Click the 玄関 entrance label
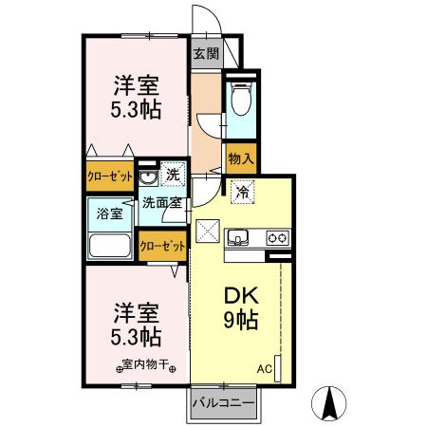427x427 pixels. (x=206, y=53)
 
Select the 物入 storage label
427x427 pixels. (x=241, y=160)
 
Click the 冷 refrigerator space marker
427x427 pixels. (x=243, y=191)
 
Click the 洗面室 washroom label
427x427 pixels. (x=162, y=201)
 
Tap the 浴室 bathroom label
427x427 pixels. (x=109, y=214)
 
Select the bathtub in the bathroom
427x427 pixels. (x=110, y=246)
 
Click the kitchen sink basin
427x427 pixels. (x=238, y=237)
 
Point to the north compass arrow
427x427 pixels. (x=332, y=402)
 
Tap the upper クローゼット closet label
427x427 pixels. (x=110, y=176)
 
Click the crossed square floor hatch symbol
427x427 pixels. (x=207, y=230)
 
